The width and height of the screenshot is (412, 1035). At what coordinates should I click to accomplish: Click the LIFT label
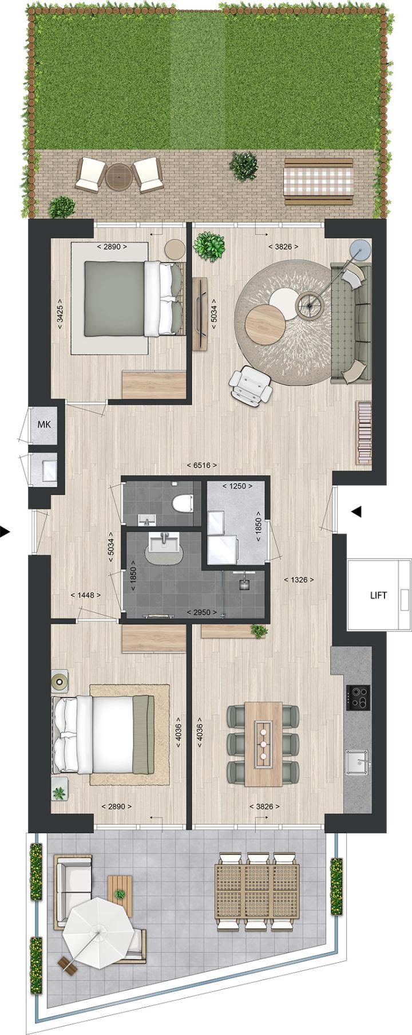tap(378, 595)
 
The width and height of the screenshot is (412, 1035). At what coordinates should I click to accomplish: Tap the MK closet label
tap(44, 424)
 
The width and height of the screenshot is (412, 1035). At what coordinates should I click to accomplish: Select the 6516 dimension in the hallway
tap(202, 466)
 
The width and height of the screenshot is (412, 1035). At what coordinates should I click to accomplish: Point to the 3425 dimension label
tap(60, 313)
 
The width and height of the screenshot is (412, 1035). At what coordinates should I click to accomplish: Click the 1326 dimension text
tap(299, 580)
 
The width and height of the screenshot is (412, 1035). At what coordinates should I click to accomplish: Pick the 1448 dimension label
tap(85, 595)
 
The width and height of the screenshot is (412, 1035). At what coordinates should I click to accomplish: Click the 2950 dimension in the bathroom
tap(202, 612)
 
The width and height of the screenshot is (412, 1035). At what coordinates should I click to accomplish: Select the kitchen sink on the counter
tap(359, 762)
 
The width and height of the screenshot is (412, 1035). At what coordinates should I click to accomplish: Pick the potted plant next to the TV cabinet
tap(208, 246)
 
